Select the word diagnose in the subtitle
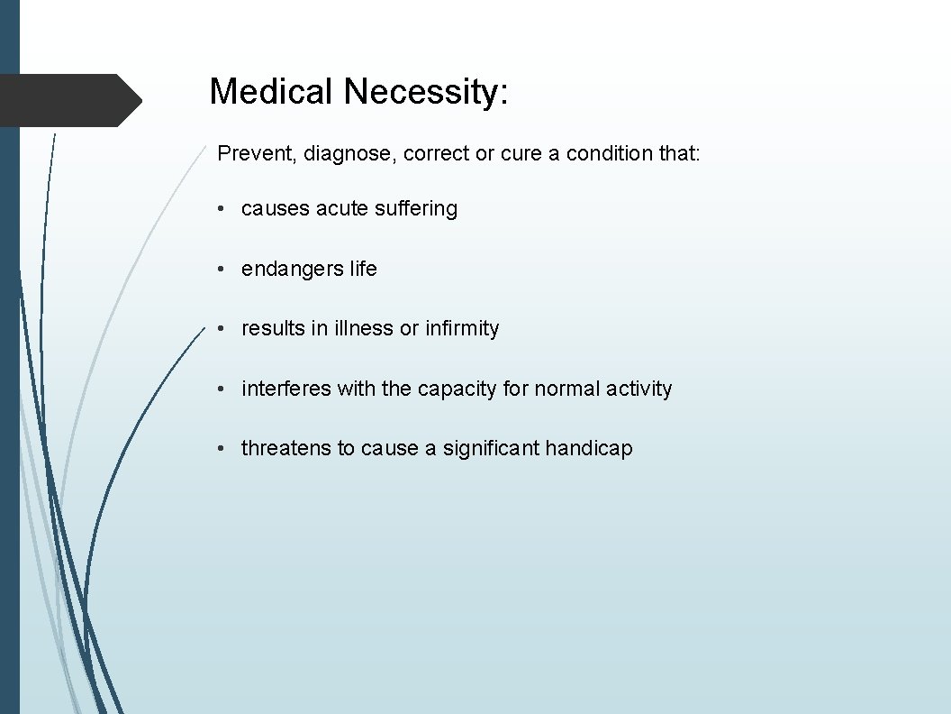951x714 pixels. point(350,155)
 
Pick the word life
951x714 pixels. point(364,269)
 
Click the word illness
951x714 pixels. point(363,328)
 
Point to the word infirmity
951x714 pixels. point(462,329)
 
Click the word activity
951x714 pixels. point(639,389)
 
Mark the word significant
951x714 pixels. point(491,449)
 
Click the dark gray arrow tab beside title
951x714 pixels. point(68,99)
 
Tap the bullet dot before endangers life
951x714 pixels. point(221,270)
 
